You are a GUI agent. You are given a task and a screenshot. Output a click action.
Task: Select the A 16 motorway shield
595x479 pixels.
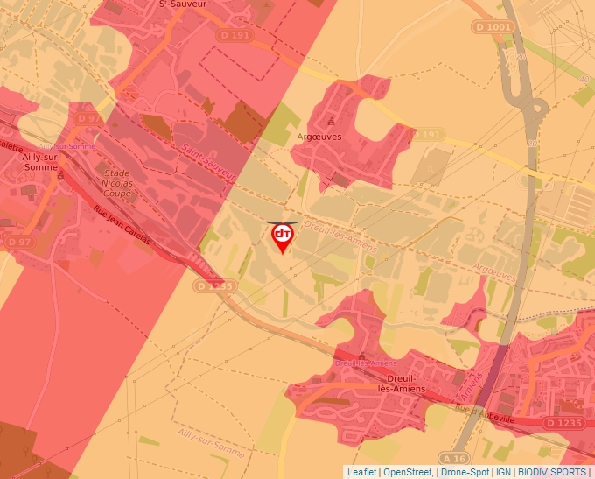pos(454,458)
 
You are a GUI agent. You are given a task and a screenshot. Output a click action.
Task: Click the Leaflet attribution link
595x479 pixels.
pos(361,472)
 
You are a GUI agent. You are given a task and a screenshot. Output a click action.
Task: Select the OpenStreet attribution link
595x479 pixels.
pos(407,472)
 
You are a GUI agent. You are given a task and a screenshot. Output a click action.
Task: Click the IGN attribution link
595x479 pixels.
pos(503,472)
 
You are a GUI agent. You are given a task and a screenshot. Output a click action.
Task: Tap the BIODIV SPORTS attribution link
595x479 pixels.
pos(552,472)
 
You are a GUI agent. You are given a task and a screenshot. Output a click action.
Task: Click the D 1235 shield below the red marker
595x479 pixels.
pos(214,285)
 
